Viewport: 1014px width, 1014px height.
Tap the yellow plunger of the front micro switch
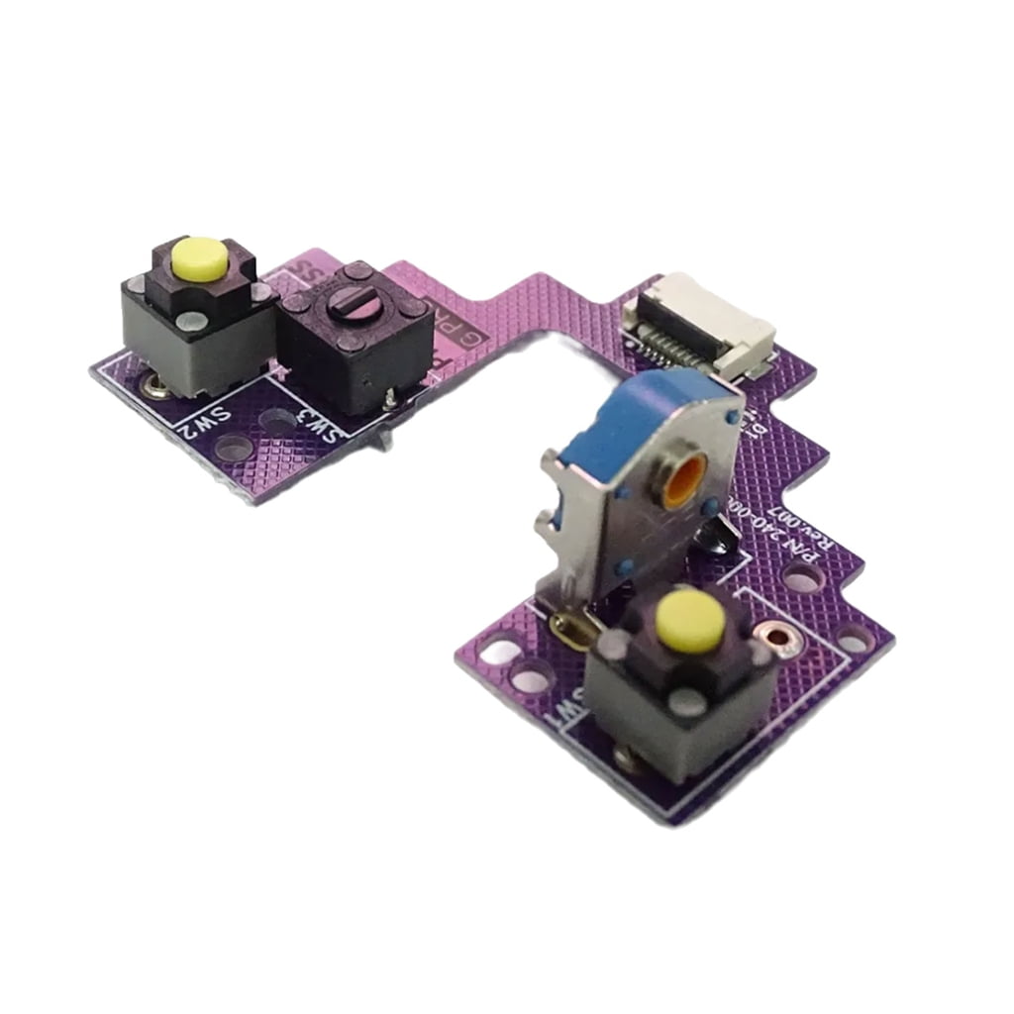688,620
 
